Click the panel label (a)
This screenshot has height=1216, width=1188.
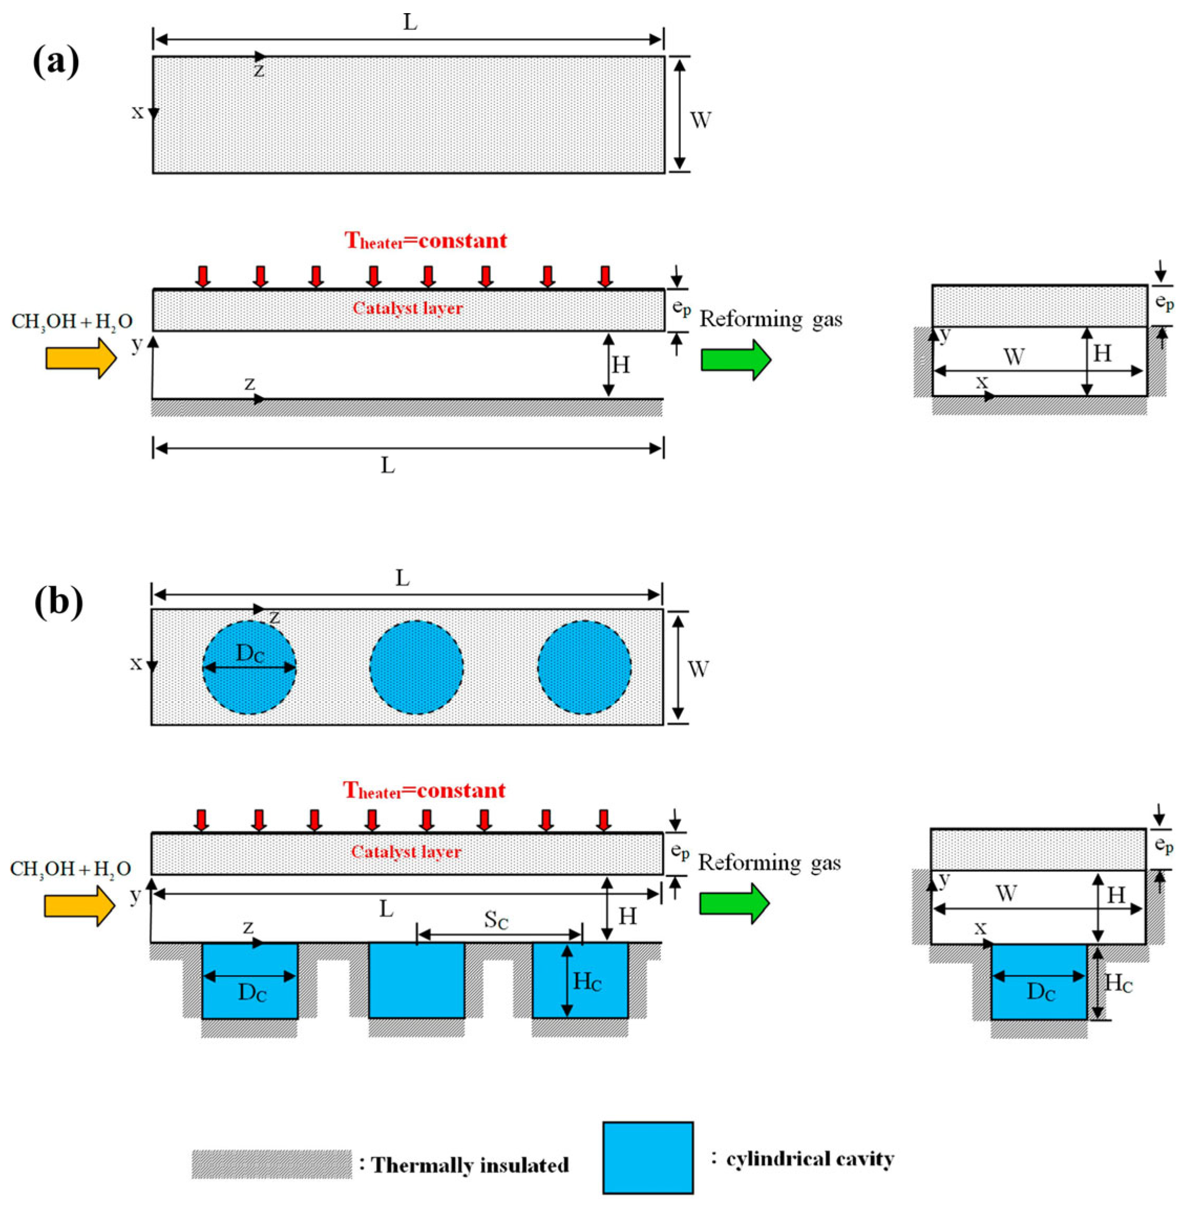pyautogui.click(x=56, y=62)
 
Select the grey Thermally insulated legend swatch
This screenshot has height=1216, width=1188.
pyautogui.click(x=271, y=1164)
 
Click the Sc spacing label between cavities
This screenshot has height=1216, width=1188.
pyautogui.click(x=496, y=921)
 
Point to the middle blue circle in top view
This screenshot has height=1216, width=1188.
pyautogui.click(x=416, y=666)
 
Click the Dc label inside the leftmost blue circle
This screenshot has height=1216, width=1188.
pyautogui.click(x=250, y=654)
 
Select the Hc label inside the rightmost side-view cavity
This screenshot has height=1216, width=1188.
pyautogui.click(x=587, y=982)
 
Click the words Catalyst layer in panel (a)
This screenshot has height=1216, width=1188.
pyautogui.click(x=408, y=308)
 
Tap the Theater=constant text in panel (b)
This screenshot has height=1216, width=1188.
pyautogui.click(x=424, y=791)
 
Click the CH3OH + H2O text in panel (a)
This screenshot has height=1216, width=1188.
pyautogui.click(x=72, y=322)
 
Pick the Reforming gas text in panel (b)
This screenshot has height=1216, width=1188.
pyautogui.click(x=769, y=863)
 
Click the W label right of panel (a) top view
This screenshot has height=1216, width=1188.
pyautogui.click(x=700, y=120)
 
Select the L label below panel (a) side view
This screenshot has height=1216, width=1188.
pyautogui.click(x=388, y=465)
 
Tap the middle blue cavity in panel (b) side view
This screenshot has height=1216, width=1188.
pyautogui.click(x=416, y=980)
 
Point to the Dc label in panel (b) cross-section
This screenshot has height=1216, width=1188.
pyautogui.click(x=1040, y=991)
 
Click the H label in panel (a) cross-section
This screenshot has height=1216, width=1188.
pyautogui.click(x=1103, y=354)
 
